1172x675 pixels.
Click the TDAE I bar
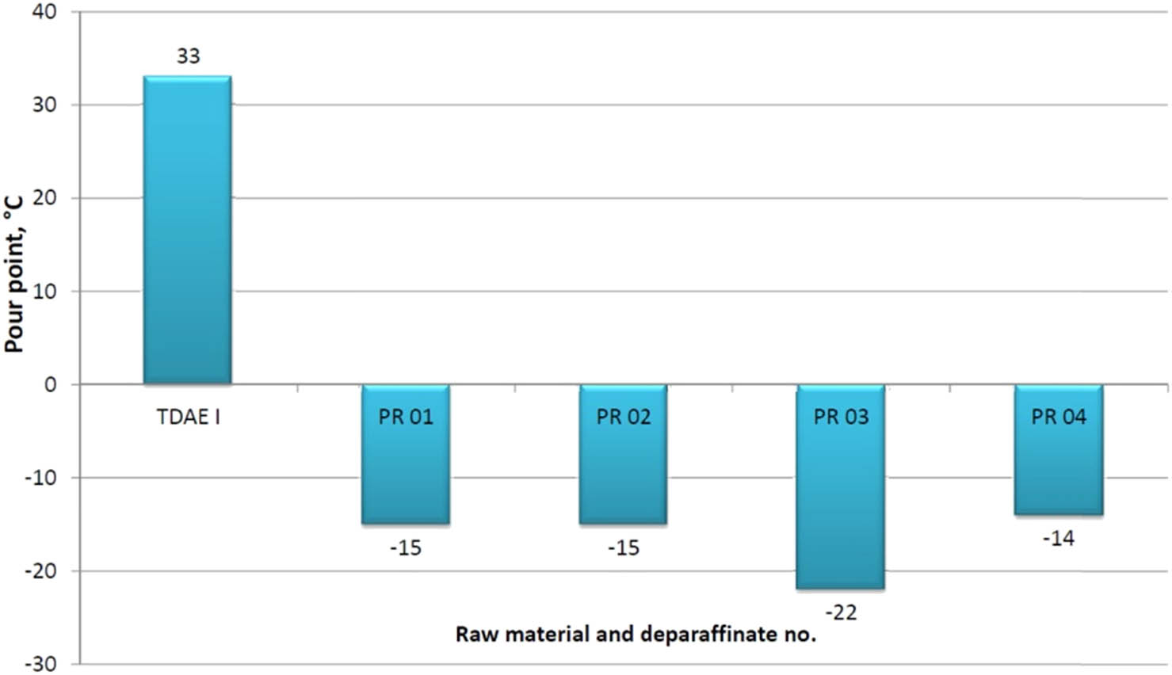(187, 230)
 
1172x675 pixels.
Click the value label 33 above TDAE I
(188, 56)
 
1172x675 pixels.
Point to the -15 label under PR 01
(405, 548)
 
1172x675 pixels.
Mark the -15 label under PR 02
(623, 548)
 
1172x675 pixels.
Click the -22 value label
(841, 612)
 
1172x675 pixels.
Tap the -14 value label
(1059, 539)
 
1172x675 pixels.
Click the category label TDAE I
(188, 417)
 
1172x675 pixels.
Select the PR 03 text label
(841, 417)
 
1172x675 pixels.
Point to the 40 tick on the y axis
(45, 13)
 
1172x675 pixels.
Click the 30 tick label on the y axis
(45, 105)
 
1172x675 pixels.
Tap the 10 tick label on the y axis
(45, 292)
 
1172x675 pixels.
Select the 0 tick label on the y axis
(51, 385)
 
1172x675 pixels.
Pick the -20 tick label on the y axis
(40, 571)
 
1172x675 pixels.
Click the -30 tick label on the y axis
(40, 664)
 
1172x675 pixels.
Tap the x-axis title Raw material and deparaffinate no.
(636, 635)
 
